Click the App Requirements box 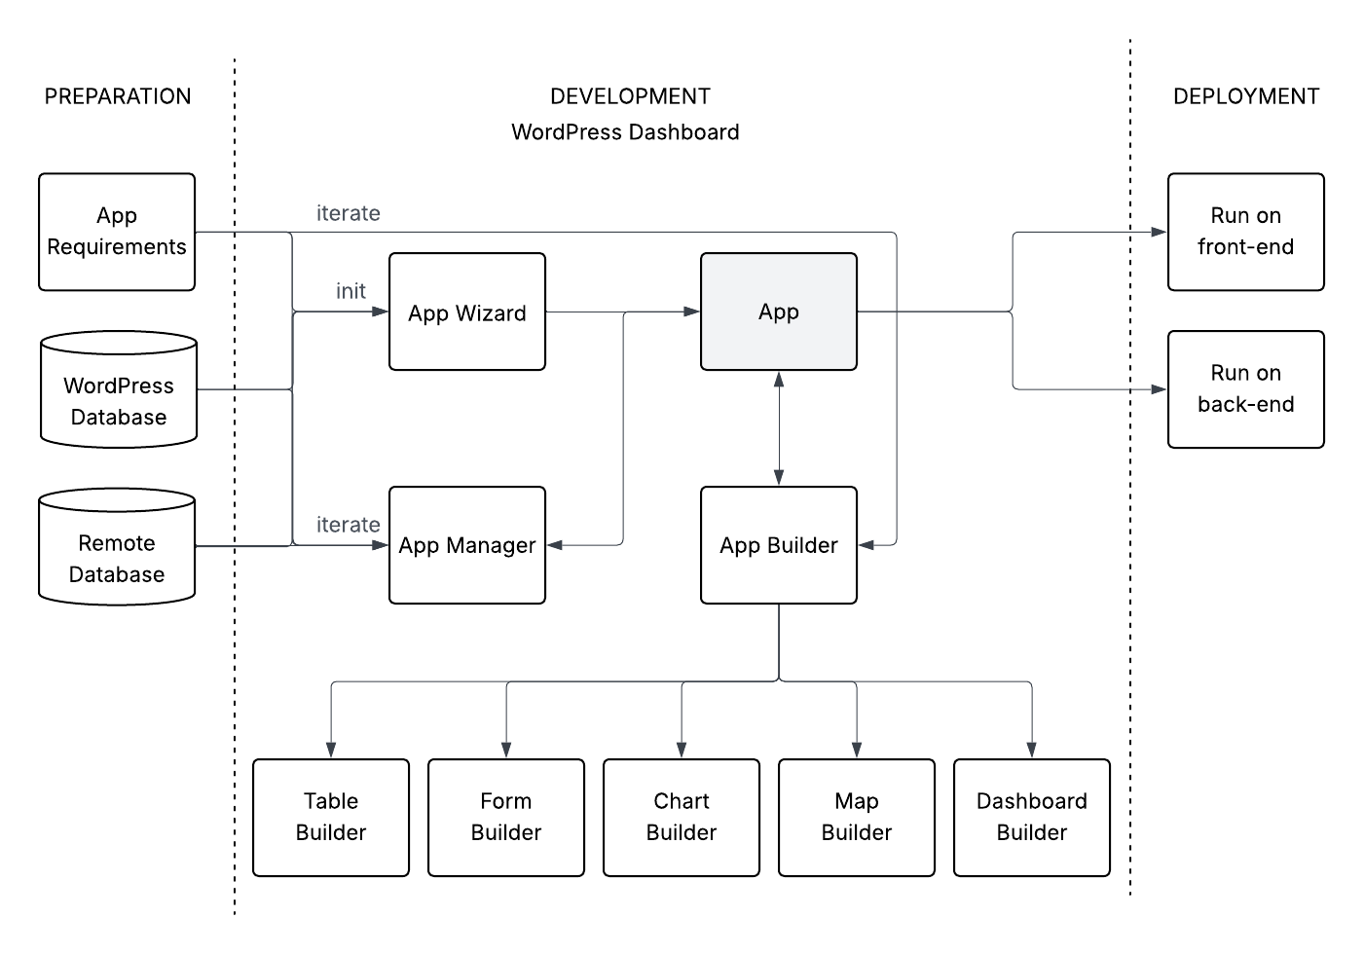117,232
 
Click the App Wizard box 467,312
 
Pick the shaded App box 779,312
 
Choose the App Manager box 467,545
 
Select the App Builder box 779,545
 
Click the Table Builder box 331,818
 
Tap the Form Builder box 506,818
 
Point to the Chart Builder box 682,818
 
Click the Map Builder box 857,818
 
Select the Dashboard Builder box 1032,818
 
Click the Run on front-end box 1246,232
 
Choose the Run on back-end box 1246,389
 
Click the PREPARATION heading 118,96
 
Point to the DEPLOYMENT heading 1246,96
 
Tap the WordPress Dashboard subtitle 625,132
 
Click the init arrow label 350,291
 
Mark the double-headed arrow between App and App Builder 779,428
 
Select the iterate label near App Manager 348,525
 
